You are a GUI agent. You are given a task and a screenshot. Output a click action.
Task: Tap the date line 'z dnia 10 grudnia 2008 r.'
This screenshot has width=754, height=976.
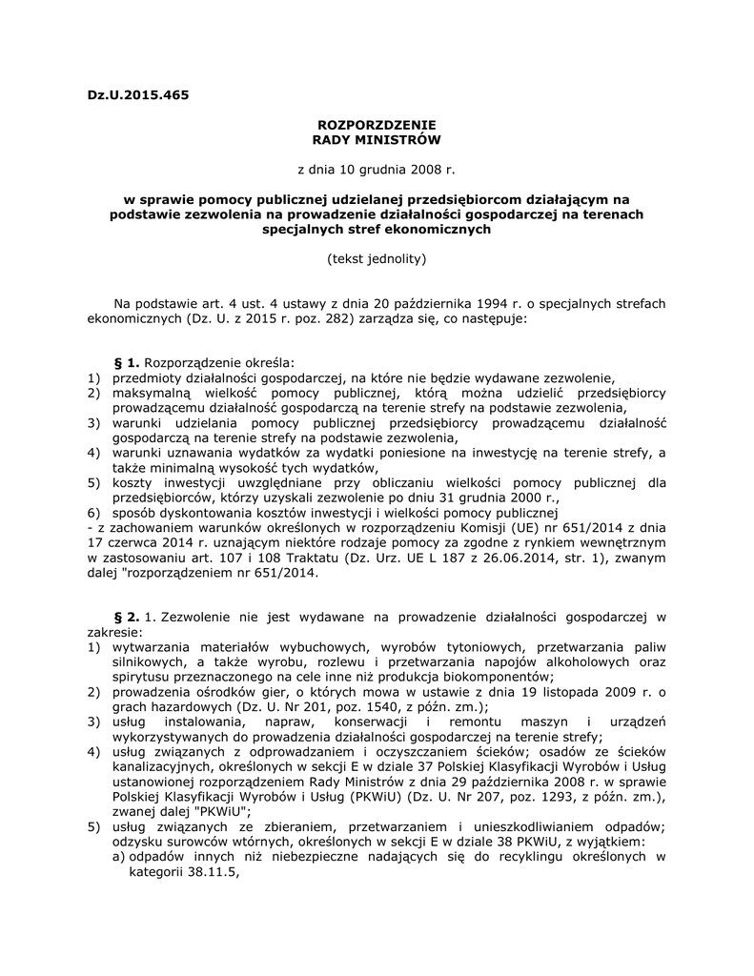click(x=377, y=170)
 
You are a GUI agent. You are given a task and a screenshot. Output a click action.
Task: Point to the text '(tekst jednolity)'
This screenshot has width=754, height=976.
click(x=377, y=258)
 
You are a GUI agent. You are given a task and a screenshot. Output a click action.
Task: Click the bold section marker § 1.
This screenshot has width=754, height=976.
click(x=127, y=363)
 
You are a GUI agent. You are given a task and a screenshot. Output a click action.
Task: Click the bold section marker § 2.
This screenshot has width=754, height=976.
click(x=127, y=617)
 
